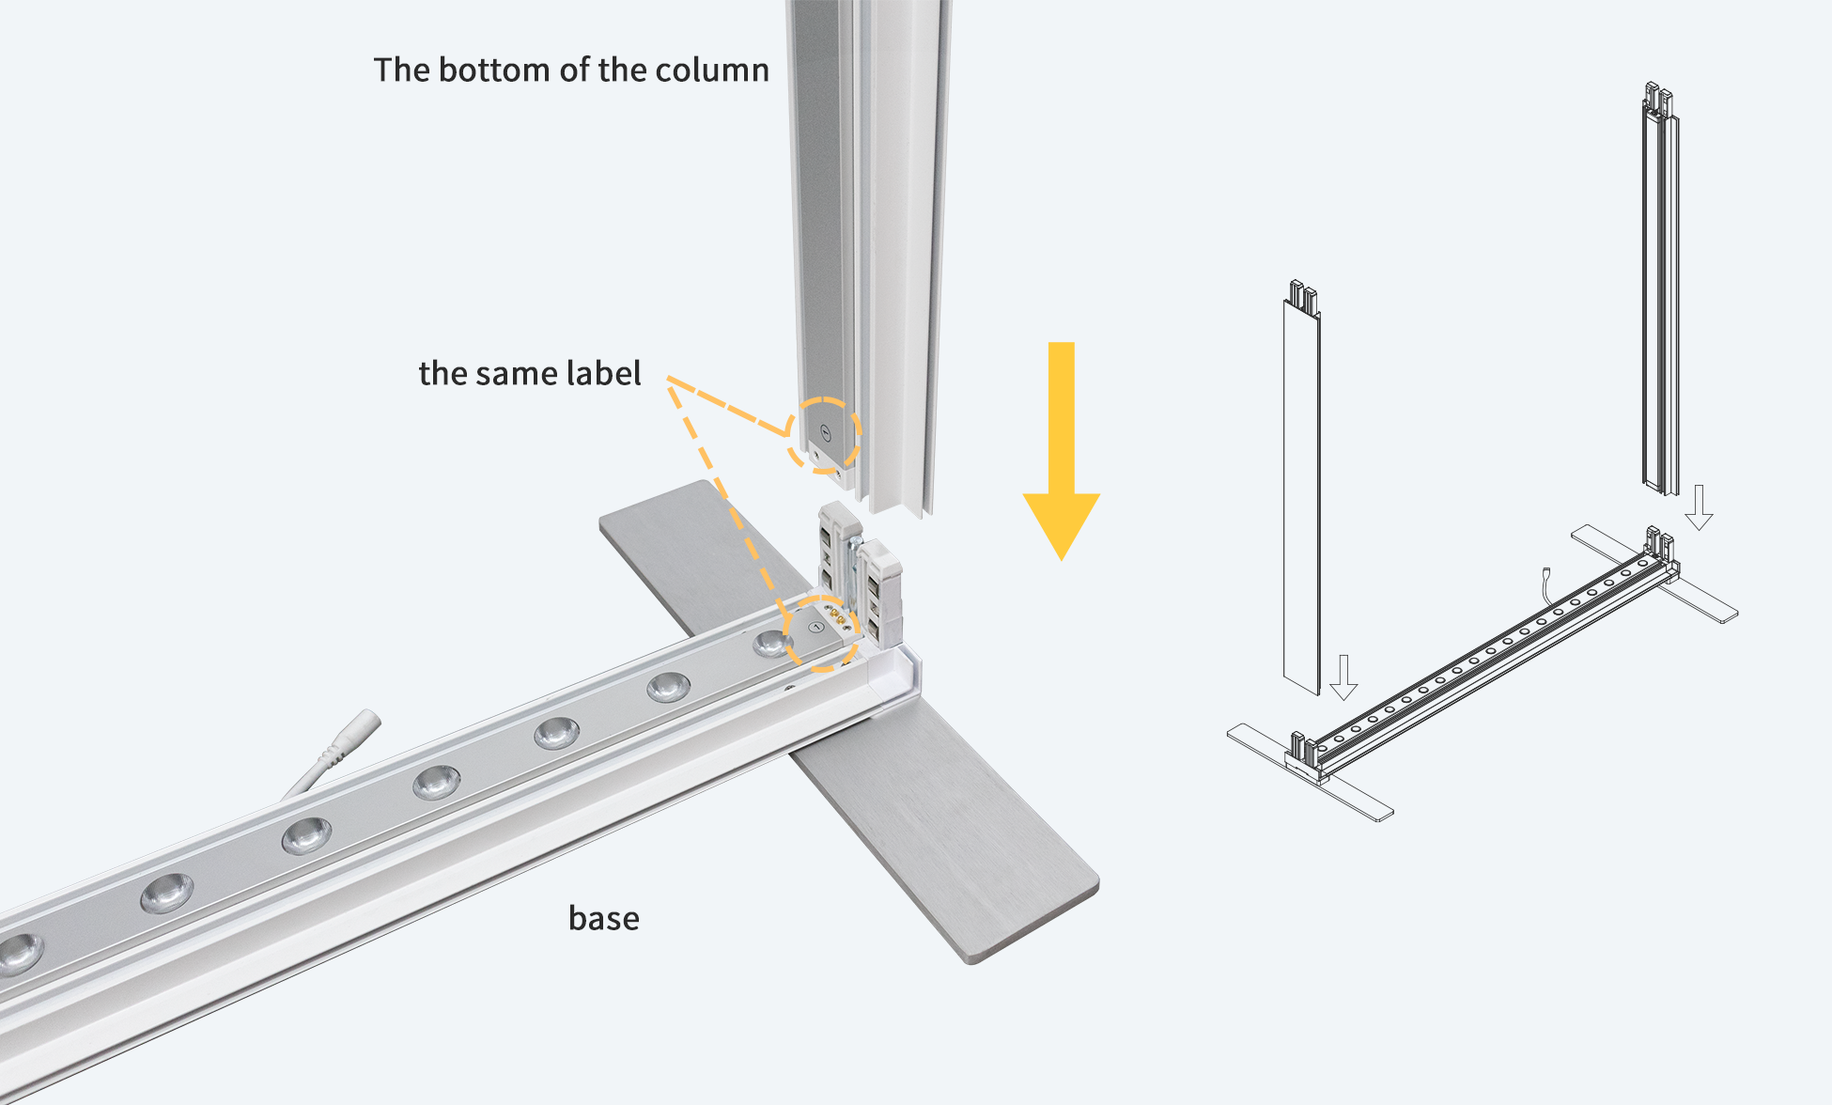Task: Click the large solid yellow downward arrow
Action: pos(1062,451)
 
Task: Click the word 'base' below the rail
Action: pos(604,918)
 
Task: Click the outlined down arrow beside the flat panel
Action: pos(1343,677)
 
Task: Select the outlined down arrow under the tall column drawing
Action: pos(1699,507)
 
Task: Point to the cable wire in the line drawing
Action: pos(1545,587)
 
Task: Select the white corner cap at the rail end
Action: pos(893,675)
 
